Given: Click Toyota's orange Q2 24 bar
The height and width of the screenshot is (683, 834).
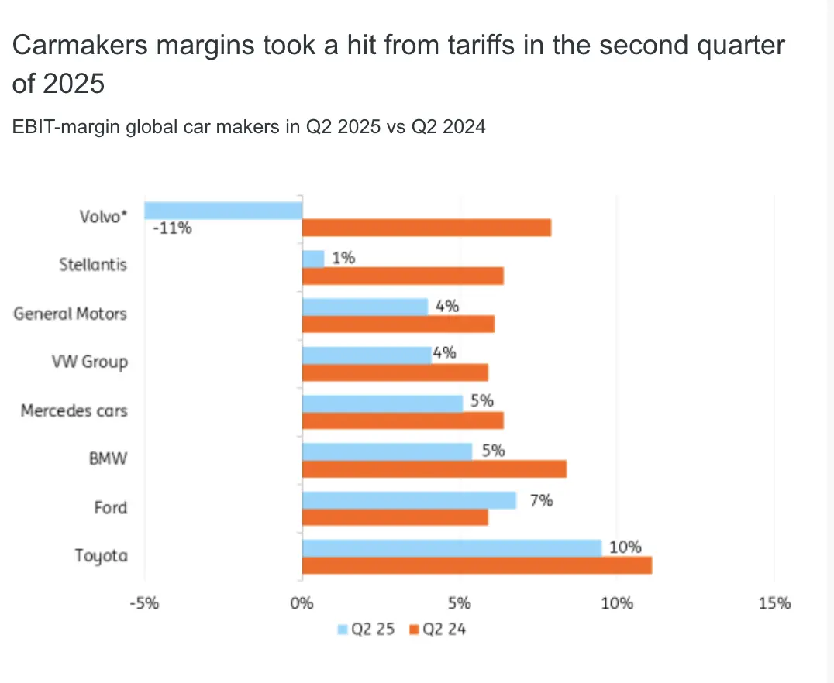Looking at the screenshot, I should coord(477,565).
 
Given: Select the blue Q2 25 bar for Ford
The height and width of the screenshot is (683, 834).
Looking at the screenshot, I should coord(408,500).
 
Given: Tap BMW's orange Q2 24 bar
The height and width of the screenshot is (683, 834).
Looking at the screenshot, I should coord(434,468).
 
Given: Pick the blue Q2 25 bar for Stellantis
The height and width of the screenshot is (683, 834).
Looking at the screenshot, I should coord(313,259).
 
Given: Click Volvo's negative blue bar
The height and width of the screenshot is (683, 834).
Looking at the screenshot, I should coord(222,210).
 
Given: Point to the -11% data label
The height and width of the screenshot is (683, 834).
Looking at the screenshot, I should coord(172,229).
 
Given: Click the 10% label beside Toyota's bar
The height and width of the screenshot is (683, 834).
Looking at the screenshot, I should coord(625,547).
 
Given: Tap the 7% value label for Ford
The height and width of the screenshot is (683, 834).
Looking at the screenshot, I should coord(541,500).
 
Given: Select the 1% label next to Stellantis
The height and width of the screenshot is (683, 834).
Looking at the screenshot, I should coord(344,259).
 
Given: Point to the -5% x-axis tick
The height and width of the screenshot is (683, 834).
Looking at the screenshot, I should coord(144,602).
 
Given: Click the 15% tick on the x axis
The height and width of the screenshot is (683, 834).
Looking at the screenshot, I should coord(774,602).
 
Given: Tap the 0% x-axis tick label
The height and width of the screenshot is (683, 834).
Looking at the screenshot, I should coord(302,602).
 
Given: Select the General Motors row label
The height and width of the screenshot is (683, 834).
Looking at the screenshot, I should coord(70,314).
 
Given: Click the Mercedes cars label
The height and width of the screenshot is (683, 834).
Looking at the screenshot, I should coord(74,410).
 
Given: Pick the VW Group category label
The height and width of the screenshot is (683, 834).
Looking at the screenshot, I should coord(89,362).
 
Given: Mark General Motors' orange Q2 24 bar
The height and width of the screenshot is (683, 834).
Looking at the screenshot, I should coord(398,324).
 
